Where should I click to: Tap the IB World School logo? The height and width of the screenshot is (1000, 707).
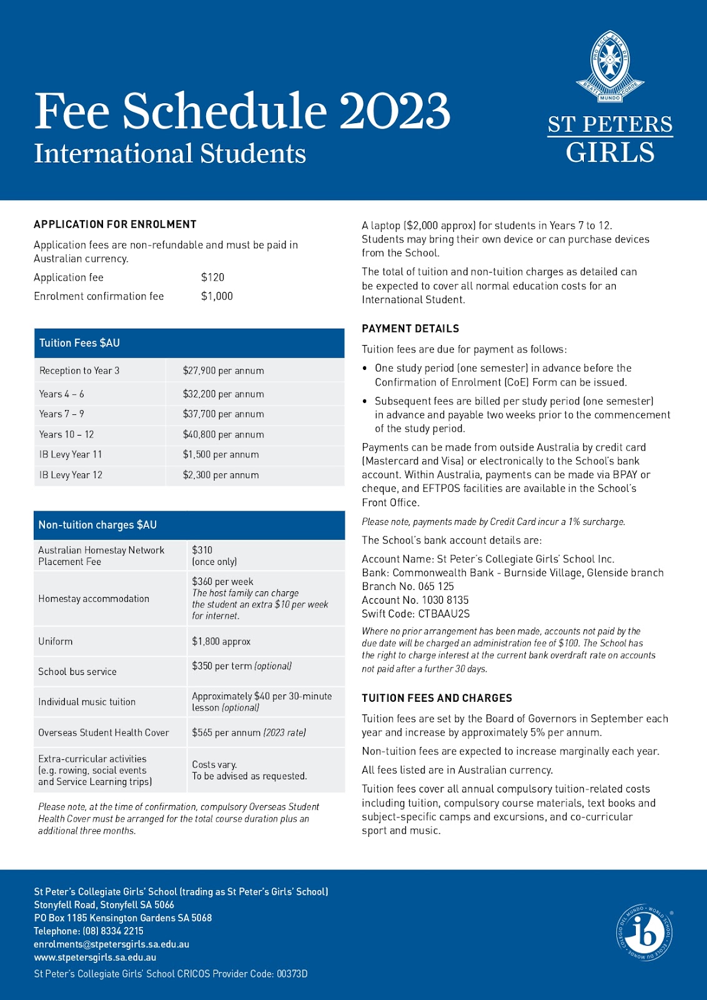645,933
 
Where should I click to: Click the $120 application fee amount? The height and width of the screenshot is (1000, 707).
212,277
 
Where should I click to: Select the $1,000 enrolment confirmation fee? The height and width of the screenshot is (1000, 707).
217,296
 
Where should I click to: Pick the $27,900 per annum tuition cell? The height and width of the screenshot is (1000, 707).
223,371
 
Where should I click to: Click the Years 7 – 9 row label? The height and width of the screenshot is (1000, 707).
61,414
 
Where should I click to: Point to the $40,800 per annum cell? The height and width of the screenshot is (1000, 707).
223,434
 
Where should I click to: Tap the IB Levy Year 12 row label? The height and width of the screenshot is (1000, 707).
71,475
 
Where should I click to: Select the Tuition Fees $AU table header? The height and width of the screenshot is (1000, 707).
79,343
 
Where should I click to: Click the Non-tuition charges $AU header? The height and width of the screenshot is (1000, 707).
97,525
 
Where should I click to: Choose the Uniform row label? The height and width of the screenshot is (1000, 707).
55,641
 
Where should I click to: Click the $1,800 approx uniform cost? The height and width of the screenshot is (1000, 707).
221,641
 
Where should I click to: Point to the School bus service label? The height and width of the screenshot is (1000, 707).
77,672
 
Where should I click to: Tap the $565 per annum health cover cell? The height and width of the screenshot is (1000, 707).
249,732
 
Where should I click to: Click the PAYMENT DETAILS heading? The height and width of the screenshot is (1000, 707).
410,329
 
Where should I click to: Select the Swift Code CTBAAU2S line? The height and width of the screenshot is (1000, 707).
415,614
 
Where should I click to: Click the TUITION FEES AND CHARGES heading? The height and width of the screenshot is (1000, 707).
437,698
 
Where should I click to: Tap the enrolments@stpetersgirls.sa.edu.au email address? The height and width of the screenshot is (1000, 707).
111,944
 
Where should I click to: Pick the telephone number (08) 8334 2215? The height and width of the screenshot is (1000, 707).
89,931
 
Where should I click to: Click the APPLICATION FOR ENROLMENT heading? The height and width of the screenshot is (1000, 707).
115,224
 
